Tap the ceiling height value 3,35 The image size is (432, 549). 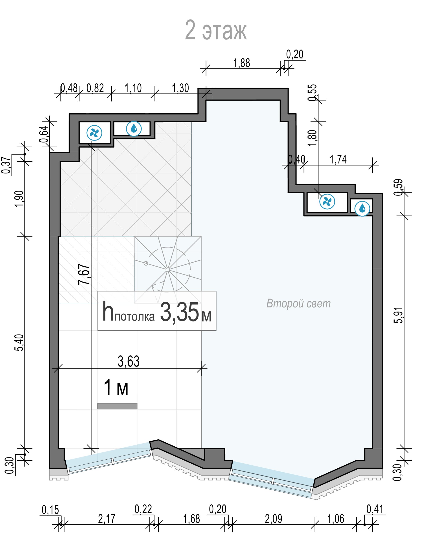(179, 312)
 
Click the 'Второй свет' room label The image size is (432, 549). (298, 304)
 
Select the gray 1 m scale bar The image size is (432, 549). (117, 406)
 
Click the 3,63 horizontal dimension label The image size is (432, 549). (129, 361)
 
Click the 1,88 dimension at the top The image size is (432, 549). (242, 63)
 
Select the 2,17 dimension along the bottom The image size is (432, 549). (107, 519)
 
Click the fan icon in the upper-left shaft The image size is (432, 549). (94, 133)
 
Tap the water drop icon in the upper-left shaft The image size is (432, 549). (134, 129)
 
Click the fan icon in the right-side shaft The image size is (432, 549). (327, 201)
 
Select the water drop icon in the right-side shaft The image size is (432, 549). (362, 208)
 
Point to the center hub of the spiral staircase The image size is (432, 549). (168, 270)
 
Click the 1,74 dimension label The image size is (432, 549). (338, 159)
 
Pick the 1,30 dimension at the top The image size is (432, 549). (180, 88)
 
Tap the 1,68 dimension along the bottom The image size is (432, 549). (191, 519)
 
